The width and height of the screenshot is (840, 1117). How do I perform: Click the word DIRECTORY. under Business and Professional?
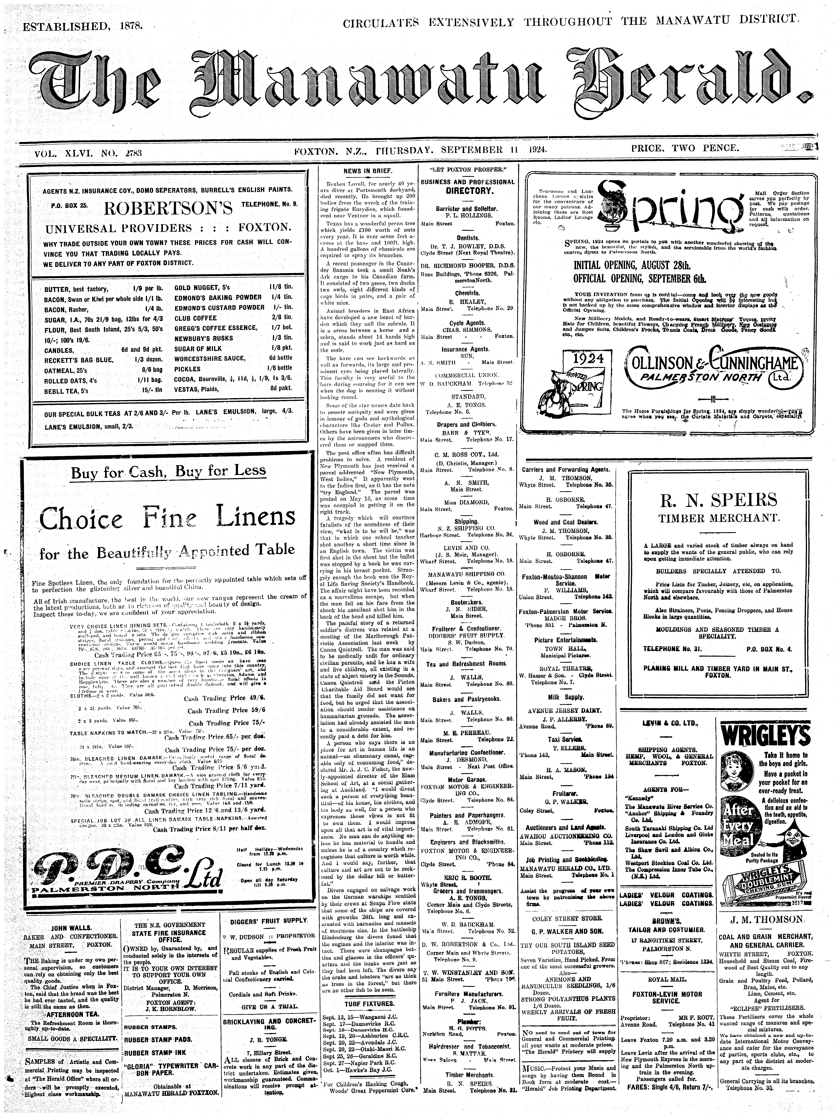pyautogui.click(x=468, y=191)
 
